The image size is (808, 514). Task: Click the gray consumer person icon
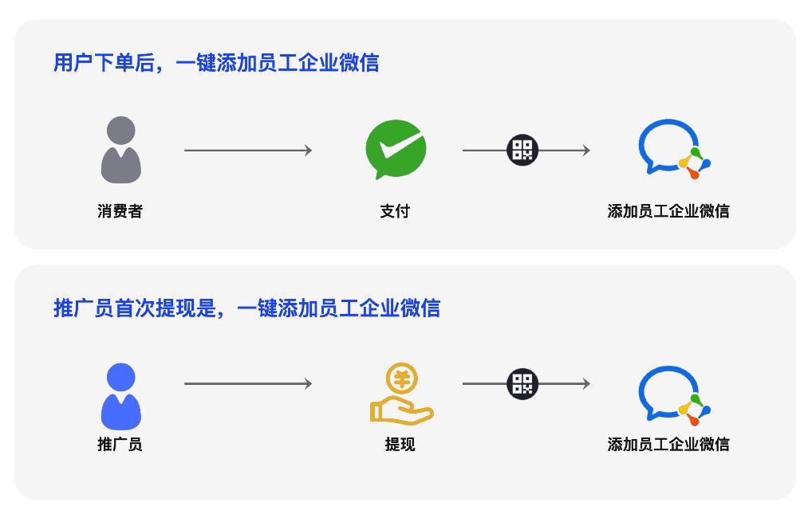point(121,151)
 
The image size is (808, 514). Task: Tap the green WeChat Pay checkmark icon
point(395,150)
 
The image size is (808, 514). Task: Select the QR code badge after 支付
point(522,150)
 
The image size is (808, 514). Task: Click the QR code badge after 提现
point(522,383)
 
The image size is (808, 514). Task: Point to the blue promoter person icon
point(121,396)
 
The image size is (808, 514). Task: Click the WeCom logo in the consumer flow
point(672,149)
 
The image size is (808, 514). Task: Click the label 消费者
point(120,211)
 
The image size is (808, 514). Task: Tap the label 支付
point(395,211)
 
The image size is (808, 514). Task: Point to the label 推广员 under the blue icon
point(120,445)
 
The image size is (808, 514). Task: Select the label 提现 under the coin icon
point(400,445)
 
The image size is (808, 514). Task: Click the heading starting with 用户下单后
point(215,62)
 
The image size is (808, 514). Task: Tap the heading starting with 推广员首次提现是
point(246,308)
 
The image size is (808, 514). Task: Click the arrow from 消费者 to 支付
point(247,150)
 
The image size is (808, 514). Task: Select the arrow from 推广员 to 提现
point(247,383)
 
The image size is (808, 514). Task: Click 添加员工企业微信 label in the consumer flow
point(668,211)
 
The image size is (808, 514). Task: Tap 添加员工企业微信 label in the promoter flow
point(668,445)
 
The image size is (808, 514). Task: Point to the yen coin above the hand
point(402,378)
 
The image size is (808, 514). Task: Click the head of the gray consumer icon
point(121,131)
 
